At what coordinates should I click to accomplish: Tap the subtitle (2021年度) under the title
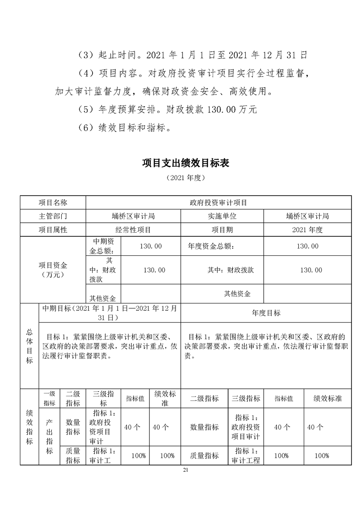(x=186, y=177)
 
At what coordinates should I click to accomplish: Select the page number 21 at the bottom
(x=185, y=470)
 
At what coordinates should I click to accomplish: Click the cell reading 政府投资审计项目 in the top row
(x=218, y=202)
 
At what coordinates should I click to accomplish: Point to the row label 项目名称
(x=53, y=202)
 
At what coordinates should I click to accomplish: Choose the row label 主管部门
(x=53, y=216)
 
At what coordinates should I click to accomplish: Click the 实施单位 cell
(x=222, y=216)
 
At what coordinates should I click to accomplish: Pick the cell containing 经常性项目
(x=133, y=230)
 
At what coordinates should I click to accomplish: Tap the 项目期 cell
(x=222, y=230)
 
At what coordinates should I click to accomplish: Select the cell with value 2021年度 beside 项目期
(x=307, y=230)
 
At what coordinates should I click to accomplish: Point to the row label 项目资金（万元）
(x=53, y=269)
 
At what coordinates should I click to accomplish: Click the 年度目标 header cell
(x=266, y=313)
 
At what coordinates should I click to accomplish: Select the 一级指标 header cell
(x=49, y=398)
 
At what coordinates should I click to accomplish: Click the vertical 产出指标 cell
(x=49, y=436)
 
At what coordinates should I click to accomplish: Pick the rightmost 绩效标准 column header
(x=328, y=398)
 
